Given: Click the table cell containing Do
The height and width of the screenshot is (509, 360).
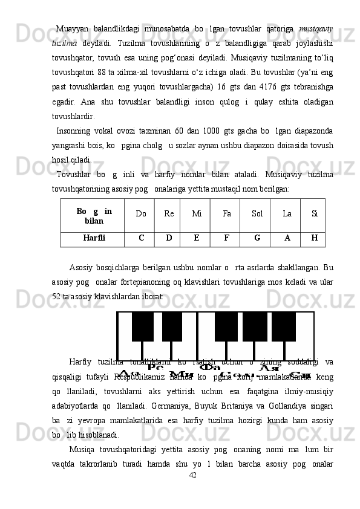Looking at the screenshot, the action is point(141,213).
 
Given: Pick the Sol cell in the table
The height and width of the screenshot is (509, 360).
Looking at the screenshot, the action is point(257,213).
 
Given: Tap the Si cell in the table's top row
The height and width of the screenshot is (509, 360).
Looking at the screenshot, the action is point(315,213).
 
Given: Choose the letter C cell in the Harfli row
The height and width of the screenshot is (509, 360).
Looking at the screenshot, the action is point(141,238).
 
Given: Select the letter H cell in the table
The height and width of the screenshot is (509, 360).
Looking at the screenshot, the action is point(313,238).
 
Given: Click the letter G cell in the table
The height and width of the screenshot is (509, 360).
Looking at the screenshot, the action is point(257,238).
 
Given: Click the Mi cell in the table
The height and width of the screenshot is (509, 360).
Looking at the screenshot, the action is point(197,213).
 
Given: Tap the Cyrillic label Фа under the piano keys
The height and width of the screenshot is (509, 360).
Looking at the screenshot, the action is point(211,366).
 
